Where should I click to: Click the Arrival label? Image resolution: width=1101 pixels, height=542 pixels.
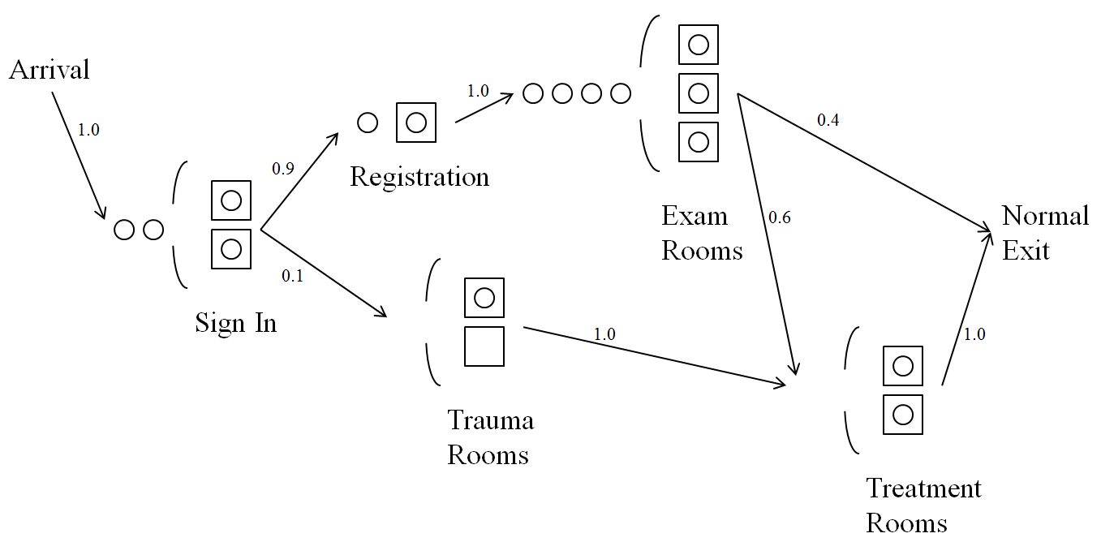(49, 70)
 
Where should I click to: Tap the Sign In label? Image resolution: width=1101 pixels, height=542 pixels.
(235, 323)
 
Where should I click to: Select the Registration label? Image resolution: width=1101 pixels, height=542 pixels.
(419, 177)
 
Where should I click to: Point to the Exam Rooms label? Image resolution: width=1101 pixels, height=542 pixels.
(702, 233)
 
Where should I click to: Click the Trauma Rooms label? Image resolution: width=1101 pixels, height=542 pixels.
(490, 437)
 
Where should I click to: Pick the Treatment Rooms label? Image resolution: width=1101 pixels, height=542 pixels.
(923, 505)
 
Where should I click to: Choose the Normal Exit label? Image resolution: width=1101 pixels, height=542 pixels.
(1045, 233)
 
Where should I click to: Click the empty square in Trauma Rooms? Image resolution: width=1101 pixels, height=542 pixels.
(484, 346)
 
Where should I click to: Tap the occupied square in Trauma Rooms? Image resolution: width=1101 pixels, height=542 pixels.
(484, 298)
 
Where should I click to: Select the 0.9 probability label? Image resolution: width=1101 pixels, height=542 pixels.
(283, 169)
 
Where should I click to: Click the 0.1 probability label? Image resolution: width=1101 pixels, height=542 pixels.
(292, 276)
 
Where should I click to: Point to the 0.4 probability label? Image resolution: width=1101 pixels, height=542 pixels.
(828, 120)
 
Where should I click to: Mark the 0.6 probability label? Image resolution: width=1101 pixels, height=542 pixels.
(779, 217)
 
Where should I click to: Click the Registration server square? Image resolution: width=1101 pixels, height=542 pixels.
(416, 123)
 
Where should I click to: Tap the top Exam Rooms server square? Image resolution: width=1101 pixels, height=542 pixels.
(699, 45)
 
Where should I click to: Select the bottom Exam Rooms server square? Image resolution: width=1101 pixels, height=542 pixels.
(699, 142)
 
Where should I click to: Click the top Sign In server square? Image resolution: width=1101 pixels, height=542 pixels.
(231, 200)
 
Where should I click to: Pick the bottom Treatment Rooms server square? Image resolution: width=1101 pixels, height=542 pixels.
(903, 415)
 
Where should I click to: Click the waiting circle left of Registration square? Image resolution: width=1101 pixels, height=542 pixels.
(368, 123)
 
